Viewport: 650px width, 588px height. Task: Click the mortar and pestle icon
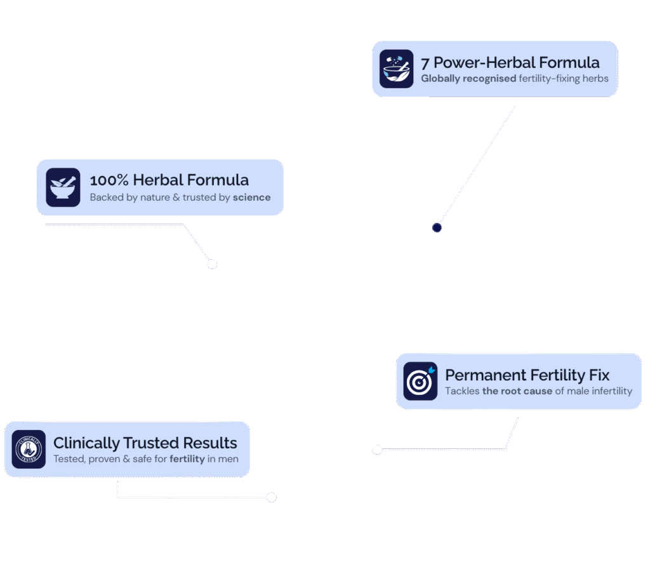[x=63, y=187]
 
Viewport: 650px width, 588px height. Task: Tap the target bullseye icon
[x=420, y=382]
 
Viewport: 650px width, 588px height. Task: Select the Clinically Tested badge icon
[x=29, y=450]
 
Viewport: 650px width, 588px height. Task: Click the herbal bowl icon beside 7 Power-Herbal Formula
[x=396, y=69]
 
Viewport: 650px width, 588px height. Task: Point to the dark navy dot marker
[x=437, y=228]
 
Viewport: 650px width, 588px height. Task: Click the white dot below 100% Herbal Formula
[x=212, y=264]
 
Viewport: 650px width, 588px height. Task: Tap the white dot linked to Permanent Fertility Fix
[x=377, y=450]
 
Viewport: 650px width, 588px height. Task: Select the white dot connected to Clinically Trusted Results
[x=271, y=497]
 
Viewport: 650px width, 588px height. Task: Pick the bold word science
[x=251, y=197]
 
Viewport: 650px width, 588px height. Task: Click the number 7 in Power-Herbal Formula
[x=425, y=63]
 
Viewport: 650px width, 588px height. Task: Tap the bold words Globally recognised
[x=468, y=79]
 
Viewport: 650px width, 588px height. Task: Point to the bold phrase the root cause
[x=517, y=391]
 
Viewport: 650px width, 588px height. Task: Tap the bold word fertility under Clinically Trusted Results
[x=187, y=459]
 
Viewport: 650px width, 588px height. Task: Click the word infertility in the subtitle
[x=610, y=391]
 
